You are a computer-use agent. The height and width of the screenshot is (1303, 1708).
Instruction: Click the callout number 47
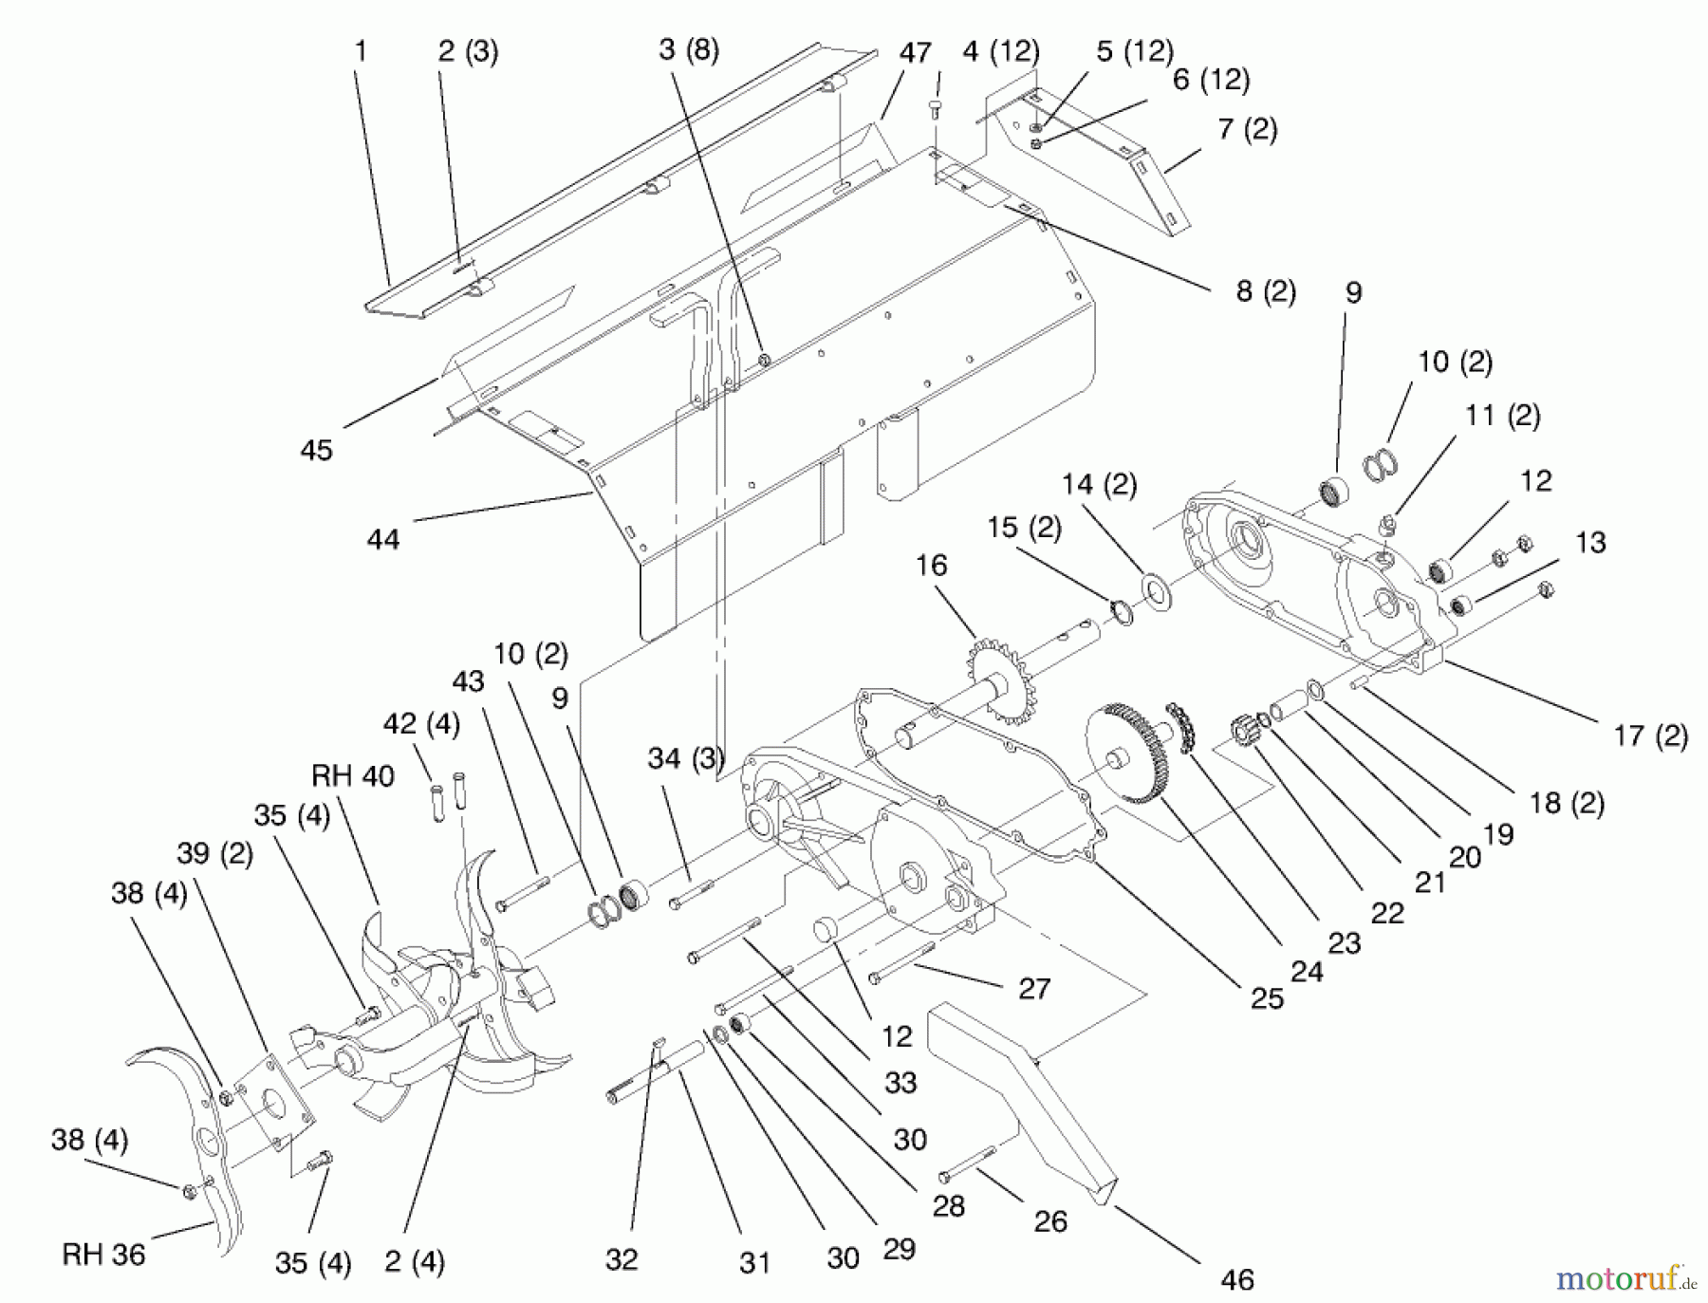pyautogui.click(x=915, y=53)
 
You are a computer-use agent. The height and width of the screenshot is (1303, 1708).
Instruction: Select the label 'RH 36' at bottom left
pyautogui.click(x=103, y=1255)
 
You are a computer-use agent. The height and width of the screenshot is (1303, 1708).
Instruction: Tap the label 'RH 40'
pyautogui.click(x=352, y=776)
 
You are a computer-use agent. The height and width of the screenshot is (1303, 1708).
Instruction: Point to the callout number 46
pyautogui.click(x=1236, y=1279)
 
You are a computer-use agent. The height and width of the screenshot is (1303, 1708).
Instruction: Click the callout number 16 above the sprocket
pyautogui.click(x=931, y=566)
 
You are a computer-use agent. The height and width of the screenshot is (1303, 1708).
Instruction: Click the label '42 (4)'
pyautogui.click(x=420, y=724)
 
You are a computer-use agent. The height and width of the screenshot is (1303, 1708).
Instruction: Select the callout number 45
pyautogui.click(x=316, y=450)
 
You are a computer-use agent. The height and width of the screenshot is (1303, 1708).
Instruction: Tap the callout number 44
pyautogui.click(x=383, y=539)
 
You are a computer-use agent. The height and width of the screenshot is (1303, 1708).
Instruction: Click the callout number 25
pyautogui.click(x=1267, y=997)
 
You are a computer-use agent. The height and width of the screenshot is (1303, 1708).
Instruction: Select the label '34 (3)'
pyautogui.click(x=685, y=758)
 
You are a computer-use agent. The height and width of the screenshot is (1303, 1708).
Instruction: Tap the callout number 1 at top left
pyautogui.click(x=360, y=51)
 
